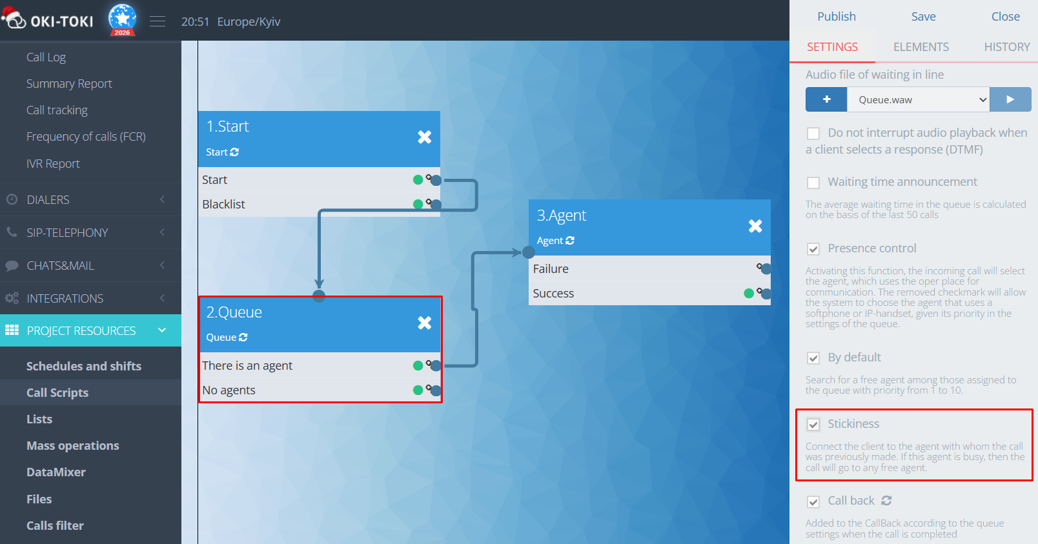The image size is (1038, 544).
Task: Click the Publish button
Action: pos(836,17)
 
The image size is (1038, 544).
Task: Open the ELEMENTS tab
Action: pos(921,47)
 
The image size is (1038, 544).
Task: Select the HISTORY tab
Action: pos(1006,47)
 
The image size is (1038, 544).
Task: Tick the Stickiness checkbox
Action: pos(813,425)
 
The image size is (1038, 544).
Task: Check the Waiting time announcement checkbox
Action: pos(813,183)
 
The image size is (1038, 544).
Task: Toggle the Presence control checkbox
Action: pos(813,249)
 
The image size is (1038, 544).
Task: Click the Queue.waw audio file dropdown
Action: pos(918,100)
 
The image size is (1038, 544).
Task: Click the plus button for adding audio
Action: pos(826,100)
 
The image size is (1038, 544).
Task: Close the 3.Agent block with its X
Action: pos(755,226)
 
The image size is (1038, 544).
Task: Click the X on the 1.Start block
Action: pos(424,137)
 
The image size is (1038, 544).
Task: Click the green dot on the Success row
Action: pos(749,294)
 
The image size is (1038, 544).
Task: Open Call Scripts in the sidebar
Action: pos(57,393)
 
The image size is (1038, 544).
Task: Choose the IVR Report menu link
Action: pos(53,164)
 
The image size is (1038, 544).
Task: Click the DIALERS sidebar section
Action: pos(48,200)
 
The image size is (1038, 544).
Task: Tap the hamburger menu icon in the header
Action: pos(158,21)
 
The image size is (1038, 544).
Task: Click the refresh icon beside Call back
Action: pos(887,501)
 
